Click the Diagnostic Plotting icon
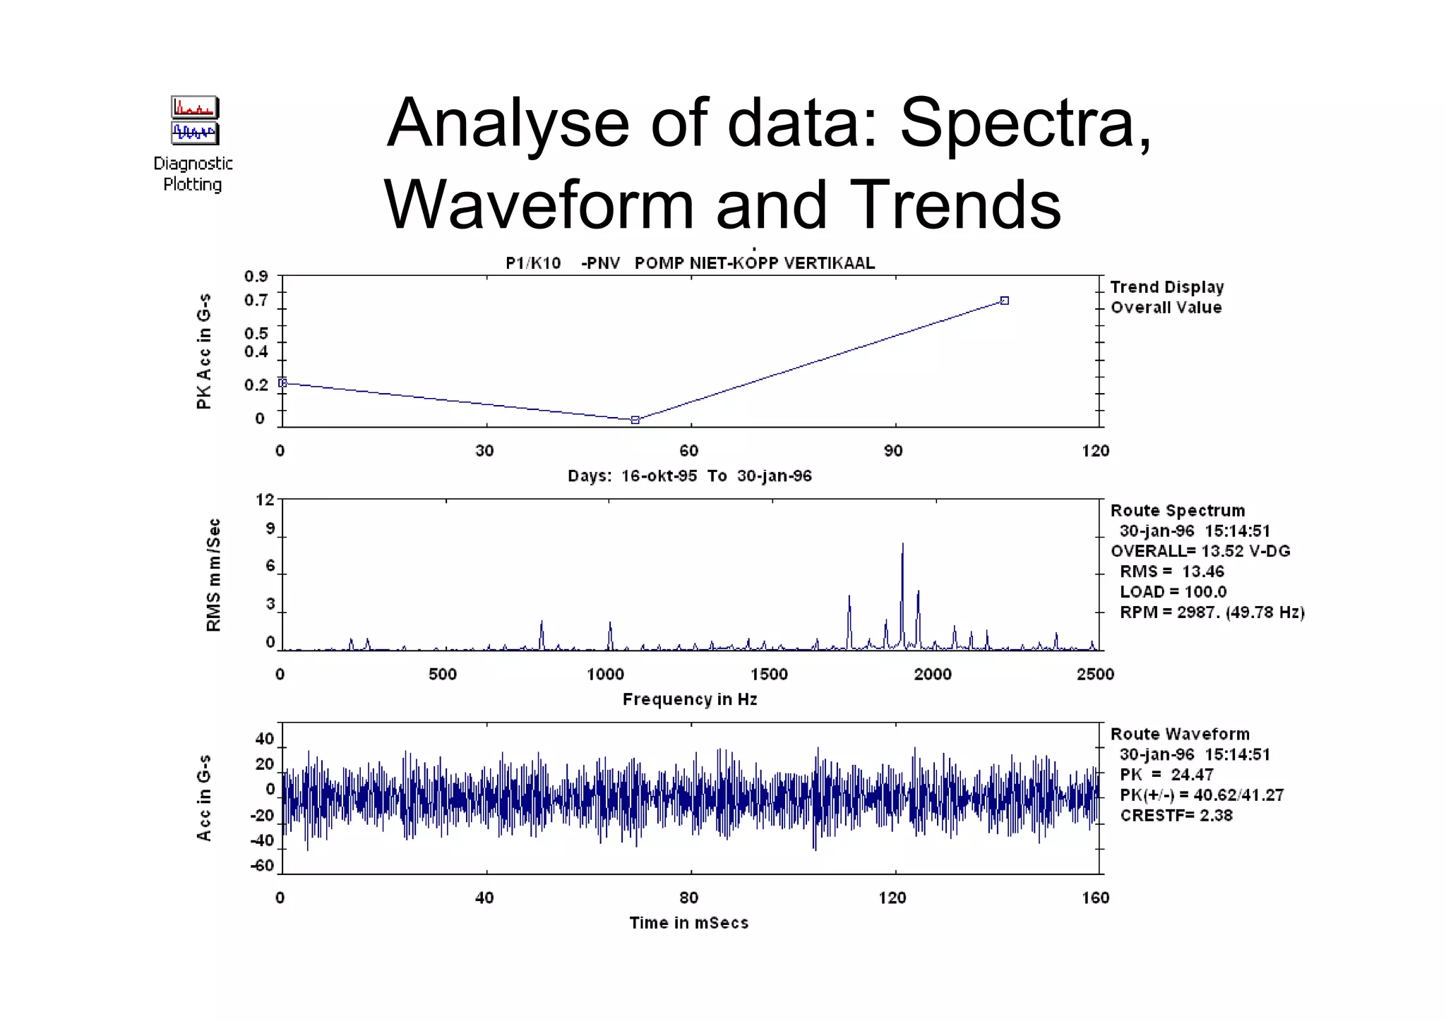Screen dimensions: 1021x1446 coord(194,121)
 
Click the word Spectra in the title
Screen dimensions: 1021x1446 coord(1024,123)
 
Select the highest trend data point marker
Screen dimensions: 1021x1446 coord(1005,301)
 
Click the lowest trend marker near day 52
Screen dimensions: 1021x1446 coord(635,420)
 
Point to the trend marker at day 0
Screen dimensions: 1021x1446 coord(283,382)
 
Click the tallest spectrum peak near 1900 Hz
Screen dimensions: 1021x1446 coord(902,545)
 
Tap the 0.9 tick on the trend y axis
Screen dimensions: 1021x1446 coord(256,276)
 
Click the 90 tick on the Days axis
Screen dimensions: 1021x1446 coord(893,451)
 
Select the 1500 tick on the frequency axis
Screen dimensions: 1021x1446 coord(769,675)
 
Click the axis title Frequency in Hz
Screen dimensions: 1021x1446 coord(690,699)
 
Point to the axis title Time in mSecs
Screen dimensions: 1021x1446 coord(688,923)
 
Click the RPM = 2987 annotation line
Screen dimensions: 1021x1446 coord(1211,612)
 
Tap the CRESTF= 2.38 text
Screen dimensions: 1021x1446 coord(1176,816)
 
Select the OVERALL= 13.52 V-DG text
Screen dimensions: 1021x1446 coord(1200,551)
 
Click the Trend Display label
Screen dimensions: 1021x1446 coord(1166,287)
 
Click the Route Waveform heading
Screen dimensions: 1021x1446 coord(1179,735)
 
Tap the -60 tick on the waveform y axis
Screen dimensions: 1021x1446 coord(262,866)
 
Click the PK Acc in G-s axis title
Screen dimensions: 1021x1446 coord(204,351)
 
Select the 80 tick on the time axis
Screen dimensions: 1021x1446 coord(688,898)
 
